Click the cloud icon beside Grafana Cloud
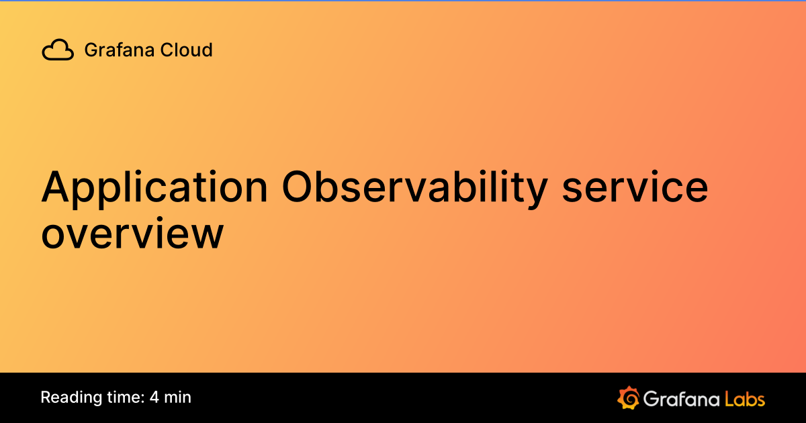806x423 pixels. (58, 50)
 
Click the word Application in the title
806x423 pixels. (154, 188)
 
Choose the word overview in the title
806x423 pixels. (132, 234)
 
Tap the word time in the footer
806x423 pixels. (123, 397)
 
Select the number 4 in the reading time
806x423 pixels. (154, 397)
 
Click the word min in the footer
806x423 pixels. (178, 397)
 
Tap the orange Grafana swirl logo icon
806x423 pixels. (627, 398)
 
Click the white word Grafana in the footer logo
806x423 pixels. (680, 399)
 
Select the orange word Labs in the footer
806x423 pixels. (745, 399)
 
